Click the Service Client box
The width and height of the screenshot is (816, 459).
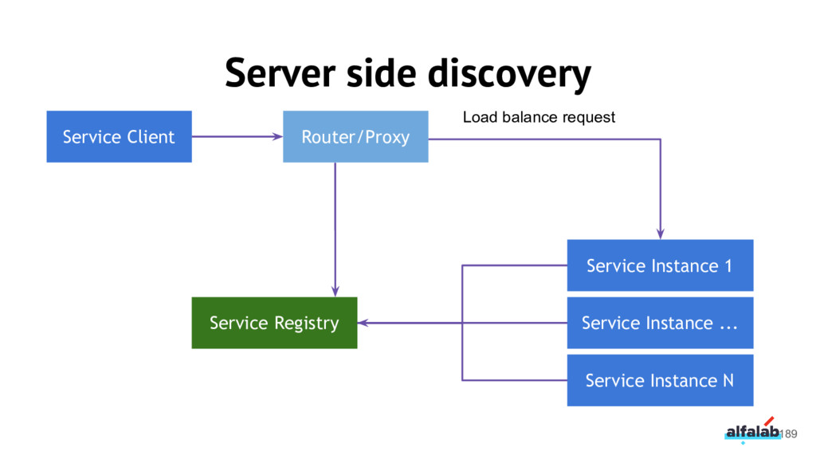click(x=120, y=136)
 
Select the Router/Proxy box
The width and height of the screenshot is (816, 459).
click(x=355, y=136)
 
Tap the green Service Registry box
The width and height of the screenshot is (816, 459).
click(x=274, y=323)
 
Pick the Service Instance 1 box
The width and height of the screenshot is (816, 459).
click(x=660, y=265)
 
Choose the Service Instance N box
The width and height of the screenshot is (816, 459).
click(x=660, y=380)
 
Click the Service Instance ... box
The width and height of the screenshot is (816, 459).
click(x=660, y=323)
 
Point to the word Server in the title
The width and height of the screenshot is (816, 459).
click(x=280, y=73)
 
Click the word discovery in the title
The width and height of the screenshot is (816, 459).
click(x=509, y=74)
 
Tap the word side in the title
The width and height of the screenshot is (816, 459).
click(x=382, y=73)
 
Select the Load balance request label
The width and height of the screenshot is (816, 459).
click(x=539, y=117)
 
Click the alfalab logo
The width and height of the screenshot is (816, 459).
click(x=752, y=430)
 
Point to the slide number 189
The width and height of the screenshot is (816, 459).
click(x=788, y=434)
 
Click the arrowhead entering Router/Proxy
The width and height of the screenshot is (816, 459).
click(x=278, y=136)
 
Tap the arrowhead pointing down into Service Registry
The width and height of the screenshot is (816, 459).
click(x=335, y=292)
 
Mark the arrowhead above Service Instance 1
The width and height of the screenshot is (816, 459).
click(x=661, y=234)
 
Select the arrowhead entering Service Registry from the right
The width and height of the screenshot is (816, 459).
click(x=363, y=323)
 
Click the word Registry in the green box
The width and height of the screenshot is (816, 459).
click(x=307, y=324)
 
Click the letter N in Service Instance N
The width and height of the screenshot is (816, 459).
click(x=728, y=380)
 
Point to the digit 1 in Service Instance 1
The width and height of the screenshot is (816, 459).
click(x=728, y=265)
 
